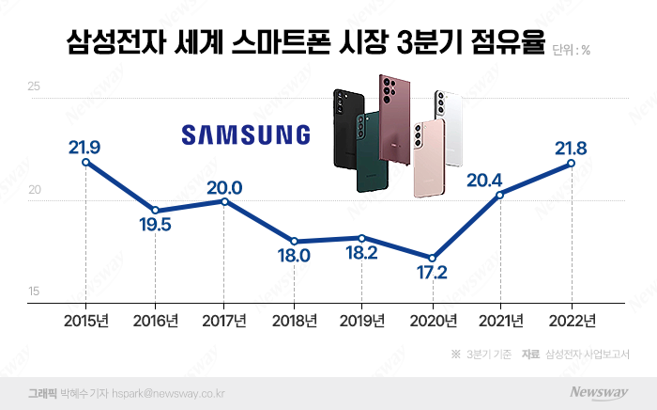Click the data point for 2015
coord(86,162)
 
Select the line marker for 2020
coord(432,258)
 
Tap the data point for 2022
coord(571,163)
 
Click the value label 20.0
coord(224,187)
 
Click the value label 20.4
coord(501,177)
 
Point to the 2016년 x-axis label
coord(155,322)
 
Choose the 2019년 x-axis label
coord(362,322)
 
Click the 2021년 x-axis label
coord(501,322)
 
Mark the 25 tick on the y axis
coord(34,87)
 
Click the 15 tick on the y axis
coord(34,292)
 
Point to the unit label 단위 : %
coord(572,49)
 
